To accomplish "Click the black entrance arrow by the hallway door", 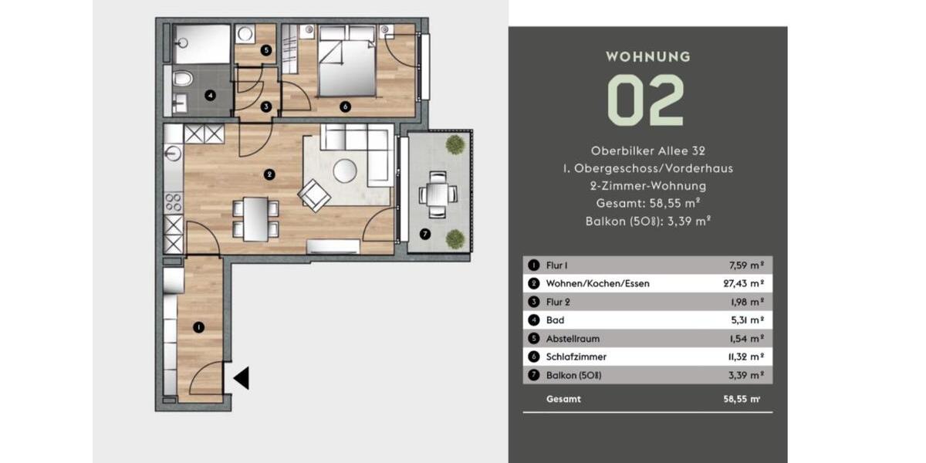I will [242, 378].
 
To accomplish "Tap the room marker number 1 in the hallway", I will [198, 328].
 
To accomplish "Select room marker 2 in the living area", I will [269, 174].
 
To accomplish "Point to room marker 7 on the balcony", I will [424, 234].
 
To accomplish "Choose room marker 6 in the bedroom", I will [345, 107].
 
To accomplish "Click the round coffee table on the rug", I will [345, 171].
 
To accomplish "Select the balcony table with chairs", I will [436, 193].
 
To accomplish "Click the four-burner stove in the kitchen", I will [174, 202].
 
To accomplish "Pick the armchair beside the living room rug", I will [314, 194].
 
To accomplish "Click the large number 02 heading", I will [647, 101].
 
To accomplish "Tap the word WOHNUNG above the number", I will [647, 56].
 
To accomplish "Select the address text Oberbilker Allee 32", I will [647, 151].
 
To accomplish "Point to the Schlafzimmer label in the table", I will [576, 357].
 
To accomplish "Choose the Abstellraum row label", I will [573, 339].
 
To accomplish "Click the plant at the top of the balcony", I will [455, 144].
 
